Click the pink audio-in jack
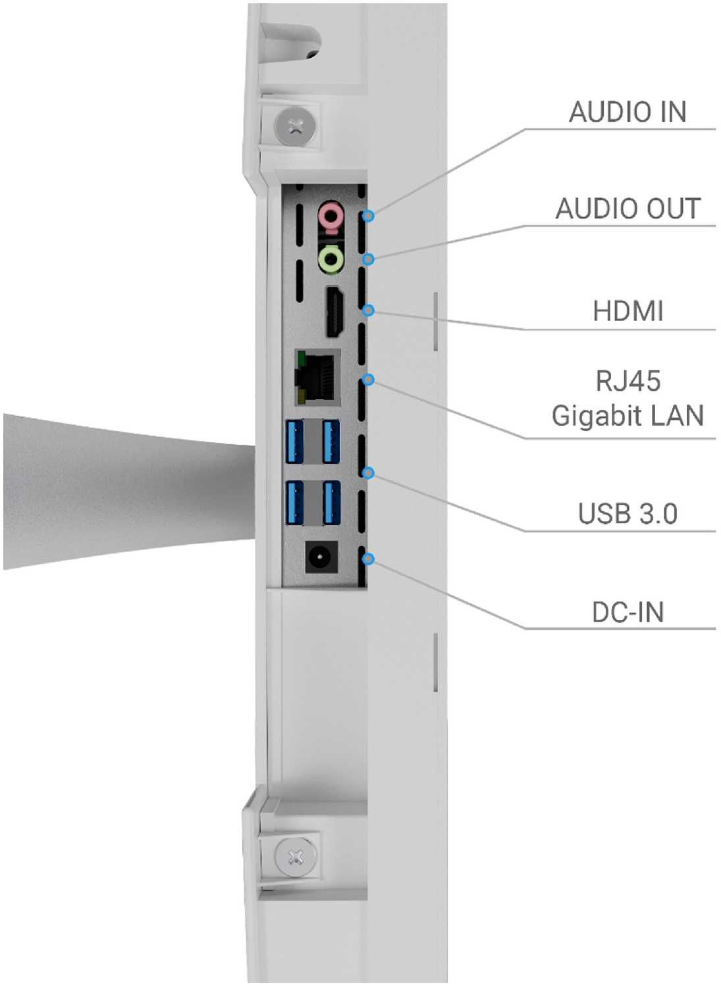coord(331,216)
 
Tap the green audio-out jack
coord(331,260)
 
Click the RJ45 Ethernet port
coord(317,377)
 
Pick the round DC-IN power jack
coord(321,558)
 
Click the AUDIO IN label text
coord(628,112)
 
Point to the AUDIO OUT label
coord(628,208)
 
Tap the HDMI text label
coord(628,311)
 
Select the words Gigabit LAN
coord(628,416)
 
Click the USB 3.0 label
coord(628,513)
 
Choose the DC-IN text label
coord(628,612)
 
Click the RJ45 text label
coord(628,381)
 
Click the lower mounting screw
coord(295,857)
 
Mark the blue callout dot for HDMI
coord(369,310)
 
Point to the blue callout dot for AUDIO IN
coord(369,216)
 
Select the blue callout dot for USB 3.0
coord(369,473)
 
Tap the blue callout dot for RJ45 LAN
coord(369,379)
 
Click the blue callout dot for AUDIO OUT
coord(369,259)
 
